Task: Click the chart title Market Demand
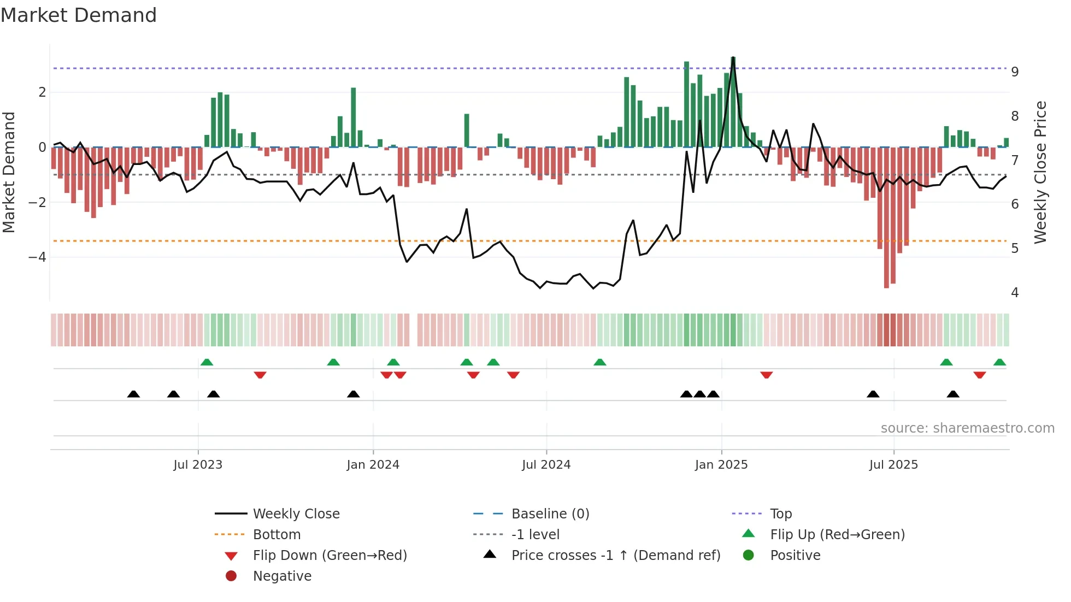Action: [x=79, y=15]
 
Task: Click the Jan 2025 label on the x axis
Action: [x=721, y=465]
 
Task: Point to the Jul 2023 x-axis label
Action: [x=198, y=465]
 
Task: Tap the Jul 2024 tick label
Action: [x=546, y=465]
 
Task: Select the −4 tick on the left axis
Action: [x=37, y=257]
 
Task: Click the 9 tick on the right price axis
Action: [x=1015, y=72]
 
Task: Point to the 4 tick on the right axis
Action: [x=1015, y=293]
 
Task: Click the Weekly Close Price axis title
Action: [x=1040, y=172]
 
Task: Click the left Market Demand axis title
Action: [x=9, y=172]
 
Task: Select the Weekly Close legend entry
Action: [x=296, y=514]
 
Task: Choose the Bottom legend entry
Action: [x=276, y=535]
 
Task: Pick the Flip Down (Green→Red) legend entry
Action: [x=329, y=556]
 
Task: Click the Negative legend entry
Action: [x=282, y=576]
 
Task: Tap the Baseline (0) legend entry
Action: [x=550, y=514]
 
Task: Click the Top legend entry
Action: [x=781, y=514]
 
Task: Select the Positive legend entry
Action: [x=795, y=556]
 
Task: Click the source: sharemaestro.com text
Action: [x=967, y=428]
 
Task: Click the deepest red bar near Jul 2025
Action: [x=886, y=219]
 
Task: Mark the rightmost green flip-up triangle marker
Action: [x=999, y=362]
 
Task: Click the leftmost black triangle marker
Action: [x=133, y=394]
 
